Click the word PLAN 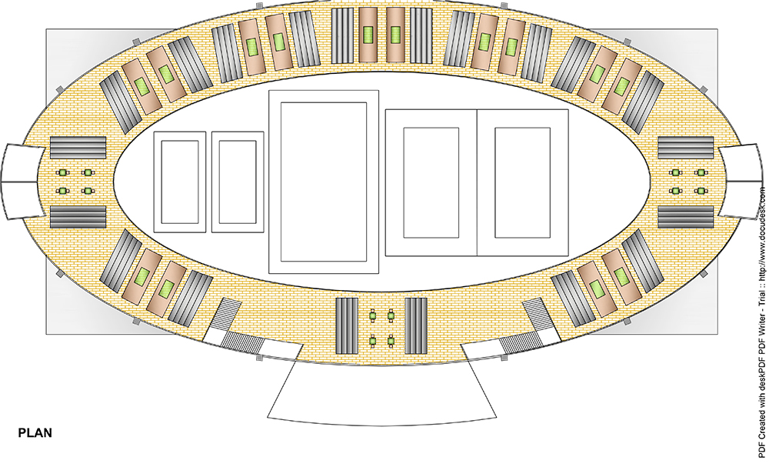click(35, 433)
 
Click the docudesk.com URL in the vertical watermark click(761, 231)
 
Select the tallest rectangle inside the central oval click(324, 182)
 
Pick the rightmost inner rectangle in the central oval click(522, 182)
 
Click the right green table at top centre click(397, 35)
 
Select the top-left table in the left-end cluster click(64, 172)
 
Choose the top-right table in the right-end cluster click(701, 172)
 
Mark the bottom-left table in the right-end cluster click(676, 190)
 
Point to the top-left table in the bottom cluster click(373, 314)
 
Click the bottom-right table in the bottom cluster click(391, 339)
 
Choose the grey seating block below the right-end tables click(686, 218)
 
